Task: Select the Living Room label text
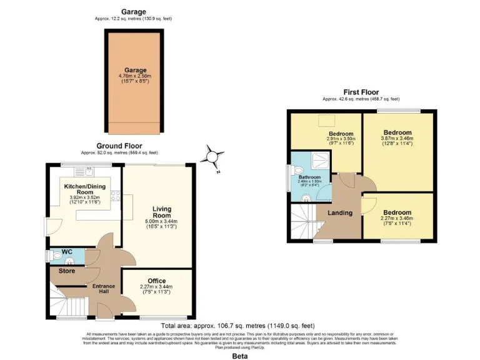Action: click(x=162, y=212)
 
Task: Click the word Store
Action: click(x=66, y=271)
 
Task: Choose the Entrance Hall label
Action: click(x=104, y=289)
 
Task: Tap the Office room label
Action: click(x=157, y=281)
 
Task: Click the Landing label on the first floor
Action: click(x=341, y=212)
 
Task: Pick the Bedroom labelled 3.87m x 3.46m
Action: click(x=397, y=133)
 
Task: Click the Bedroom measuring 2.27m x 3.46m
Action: click(x=397, y=212)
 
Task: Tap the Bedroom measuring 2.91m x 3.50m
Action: click(x=341, y=134)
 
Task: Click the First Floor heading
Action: click(x=361, y=92)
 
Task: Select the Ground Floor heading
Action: click(x=119, y=146)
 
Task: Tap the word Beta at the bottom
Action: click(x=239, y=356)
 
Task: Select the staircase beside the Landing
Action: click(x=302, y=222)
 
